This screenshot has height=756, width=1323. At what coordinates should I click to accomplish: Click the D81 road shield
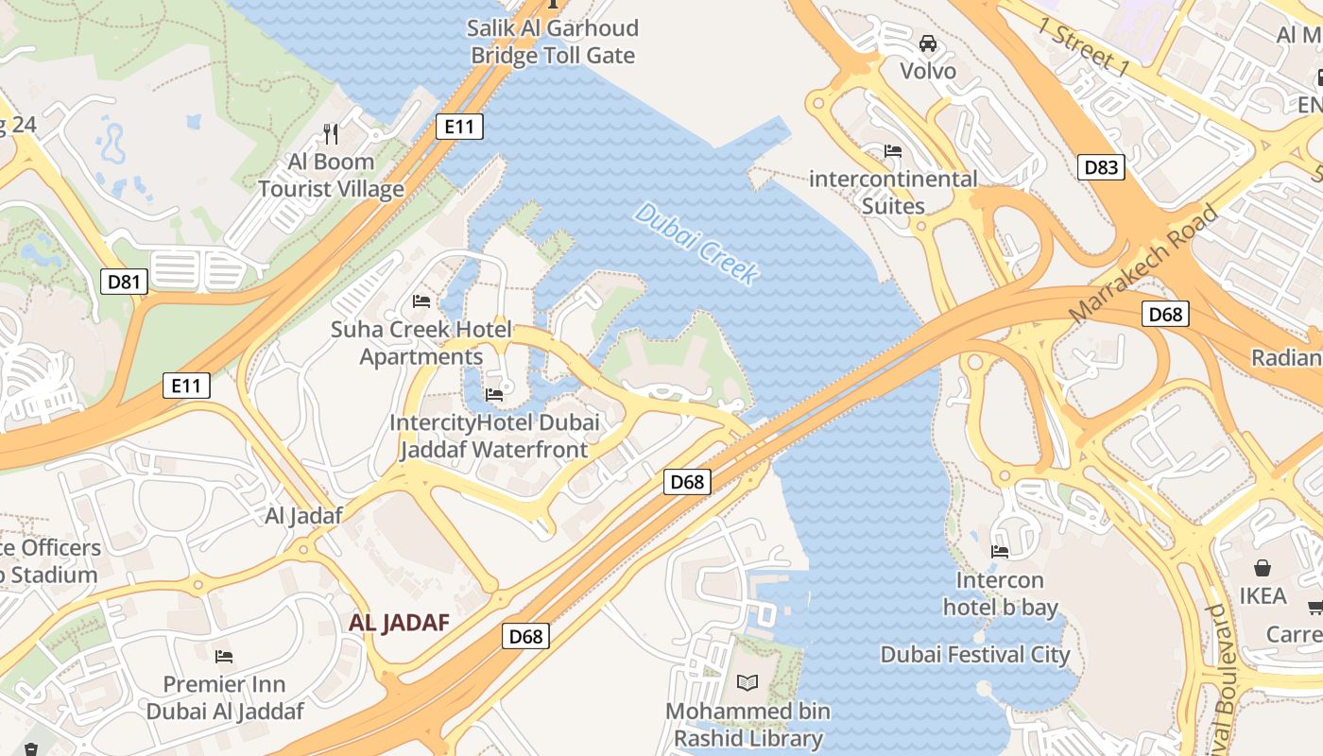[x=125, y=281]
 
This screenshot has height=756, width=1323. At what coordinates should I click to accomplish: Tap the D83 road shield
[x=1101, y=167]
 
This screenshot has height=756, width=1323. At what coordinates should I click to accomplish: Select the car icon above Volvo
[x=928, y=43]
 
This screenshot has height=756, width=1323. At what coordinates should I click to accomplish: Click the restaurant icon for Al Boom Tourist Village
[x=331, y=133]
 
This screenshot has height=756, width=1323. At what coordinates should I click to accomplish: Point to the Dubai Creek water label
[x=696, y=244]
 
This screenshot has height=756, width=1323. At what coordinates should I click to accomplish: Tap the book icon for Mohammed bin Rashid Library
[x=747, y=682]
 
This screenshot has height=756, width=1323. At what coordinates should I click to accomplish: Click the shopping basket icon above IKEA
[x=1263, y=568]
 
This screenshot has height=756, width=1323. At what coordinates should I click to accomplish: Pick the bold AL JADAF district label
[x=398, y=623]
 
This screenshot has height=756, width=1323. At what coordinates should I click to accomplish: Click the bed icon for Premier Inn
[x=224, y=656]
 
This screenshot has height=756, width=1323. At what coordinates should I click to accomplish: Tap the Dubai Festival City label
[x=974, y=655]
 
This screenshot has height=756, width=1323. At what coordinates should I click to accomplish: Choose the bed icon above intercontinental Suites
[x=893, y=151]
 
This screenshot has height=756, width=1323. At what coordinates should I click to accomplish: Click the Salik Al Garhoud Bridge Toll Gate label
[x=553, y=42]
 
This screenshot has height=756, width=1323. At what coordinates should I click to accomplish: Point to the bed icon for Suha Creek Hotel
[x=421, y=301]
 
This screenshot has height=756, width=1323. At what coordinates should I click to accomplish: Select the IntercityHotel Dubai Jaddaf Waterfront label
[x=493, y=436]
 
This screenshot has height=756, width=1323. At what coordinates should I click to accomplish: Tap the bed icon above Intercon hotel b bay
[x=999, y=552]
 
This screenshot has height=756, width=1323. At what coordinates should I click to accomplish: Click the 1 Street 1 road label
[x=1083, y=46]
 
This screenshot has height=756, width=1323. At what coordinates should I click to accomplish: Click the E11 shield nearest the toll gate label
[x=459, y=127]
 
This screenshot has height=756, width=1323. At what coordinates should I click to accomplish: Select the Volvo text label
[x=928, y=71]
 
